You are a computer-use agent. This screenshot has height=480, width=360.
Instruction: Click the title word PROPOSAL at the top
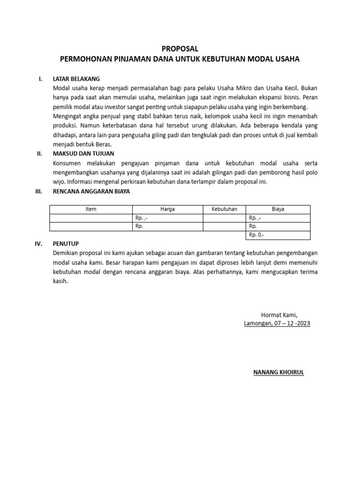click(x=180, y=49)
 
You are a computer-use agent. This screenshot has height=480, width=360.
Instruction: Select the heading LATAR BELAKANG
click(x=76, y=79)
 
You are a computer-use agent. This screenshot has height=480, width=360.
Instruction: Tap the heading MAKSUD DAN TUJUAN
click(x=83, y=154)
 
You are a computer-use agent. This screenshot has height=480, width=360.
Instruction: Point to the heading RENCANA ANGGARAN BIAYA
click(x=91, y=192)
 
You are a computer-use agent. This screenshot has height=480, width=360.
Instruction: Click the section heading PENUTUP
click(x=66, y=244)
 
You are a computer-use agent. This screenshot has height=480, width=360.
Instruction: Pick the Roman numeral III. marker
click(x=39, y=192)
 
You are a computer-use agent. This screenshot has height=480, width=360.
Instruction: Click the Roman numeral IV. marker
click(x=39, y=244)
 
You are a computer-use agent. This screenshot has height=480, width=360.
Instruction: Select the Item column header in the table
click(x=91, y=210)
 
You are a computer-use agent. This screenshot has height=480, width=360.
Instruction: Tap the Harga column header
click(x=167, y=210)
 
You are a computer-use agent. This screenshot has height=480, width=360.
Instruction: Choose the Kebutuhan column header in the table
click(x=225, y=210)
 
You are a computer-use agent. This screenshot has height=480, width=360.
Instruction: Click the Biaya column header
click(x=278, y=210)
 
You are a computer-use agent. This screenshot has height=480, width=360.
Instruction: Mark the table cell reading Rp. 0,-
click(x=257, y=235)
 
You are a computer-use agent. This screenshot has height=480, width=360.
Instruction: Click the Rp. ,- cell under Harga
click(x=142, y=218)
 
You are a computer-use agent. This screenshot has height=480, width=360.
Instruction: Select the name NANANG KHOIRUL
click(x=278, y=373)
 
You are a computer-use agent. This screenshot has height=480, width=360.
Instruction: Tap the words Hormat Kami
click(x=279, y=315)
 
